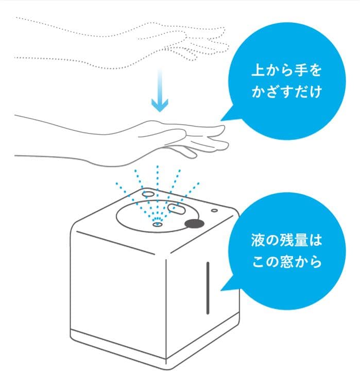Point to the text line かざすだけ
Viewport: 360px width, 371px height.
point(286,93)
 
